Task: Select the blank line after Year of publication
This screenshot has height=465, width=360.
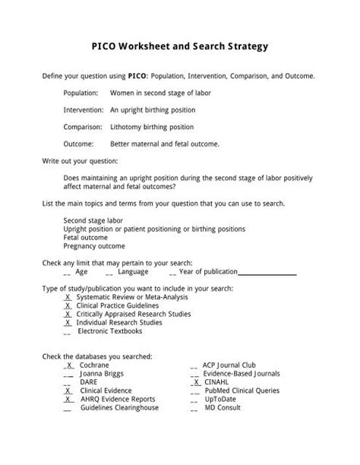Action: (x=267, y=271)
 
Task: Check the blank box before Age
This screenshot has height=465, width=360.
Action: (x=67, y=271)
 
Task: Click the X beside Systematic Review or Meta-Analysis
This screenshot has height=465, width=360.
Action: (x=68, y=297)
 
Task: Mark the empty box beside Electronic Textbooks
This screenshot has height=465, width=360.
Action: (x=68, y=331)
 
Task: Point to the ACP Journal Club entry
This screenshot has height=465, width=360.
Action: (x=234, y=365)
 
